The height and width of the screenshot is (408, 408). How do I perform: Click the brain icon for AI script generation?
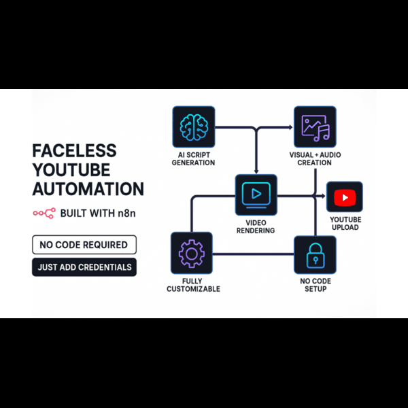(x=194, y=127)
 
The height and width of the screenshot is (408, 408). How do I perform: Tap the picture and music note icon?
(x=315, y=127)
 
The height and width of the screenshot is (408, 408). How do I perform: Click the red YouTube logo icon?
(x=345, y=198)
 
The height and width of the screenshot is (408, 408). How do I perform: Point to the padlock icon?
(x=315, y=255)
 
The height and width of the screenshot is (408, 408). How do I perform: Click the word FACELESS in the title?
(x=75, y=150)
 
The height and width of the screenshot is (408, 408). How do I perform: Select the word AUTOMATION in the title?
(x=88, y=189)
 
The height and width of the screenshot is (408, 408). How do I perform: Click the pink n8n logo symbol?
(x=44, y=214)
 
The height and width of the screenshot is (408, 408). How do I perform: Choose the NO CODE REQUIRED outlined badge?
(x=84, y=244)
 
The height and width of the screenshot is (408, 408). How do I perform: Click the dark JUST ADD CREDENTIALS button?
(x=84, y=267)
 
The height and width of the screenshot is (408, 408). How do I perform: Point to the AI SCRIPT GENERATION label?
(x=193, y=158)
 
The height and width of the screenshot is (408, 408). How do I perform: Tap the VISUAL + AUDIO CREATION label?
(x=315, y=158)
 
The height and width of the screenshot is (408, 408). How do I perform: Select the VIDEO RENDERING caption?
(x=256, y=226)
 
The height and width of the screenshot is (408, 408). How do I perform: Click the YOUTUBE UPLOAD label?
(x=345, y=223)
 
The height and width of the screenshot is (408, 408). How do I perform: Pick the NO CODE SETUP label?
(x=315, y=285)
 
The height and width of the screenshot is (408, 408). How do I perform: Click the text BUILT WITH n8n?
(x=98, y=214)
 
